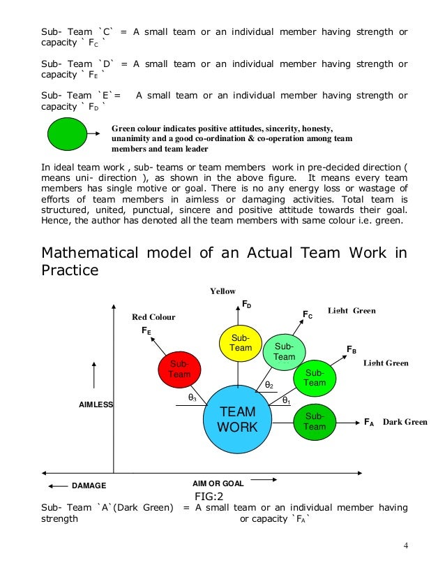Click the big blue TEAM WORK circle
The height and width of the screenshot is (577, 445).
tap(237, 419)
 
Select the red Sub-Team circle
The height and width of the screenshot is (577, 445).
tap(179, 369)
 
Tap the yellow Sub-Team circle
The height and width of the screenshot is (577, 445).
tap(241, 343)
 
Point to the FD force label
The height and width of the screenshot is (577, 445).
tap(247, 305)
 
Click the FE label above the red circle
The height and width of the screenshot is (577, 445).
tap(146, 330)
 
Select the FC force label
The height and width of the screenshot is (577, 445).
tap(307, 315)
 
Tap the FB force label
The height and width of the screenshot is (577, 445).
tap(352, 349)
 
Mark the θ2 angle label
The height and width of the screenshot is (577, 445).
tap(269, 385)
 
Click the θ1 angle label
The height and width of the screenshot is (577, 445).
tap(286, 400)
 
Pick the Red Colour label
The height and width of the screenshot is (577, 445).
tap(153, 317)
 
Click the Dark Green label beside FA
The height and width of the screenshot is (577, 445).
tap(405, 422)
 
